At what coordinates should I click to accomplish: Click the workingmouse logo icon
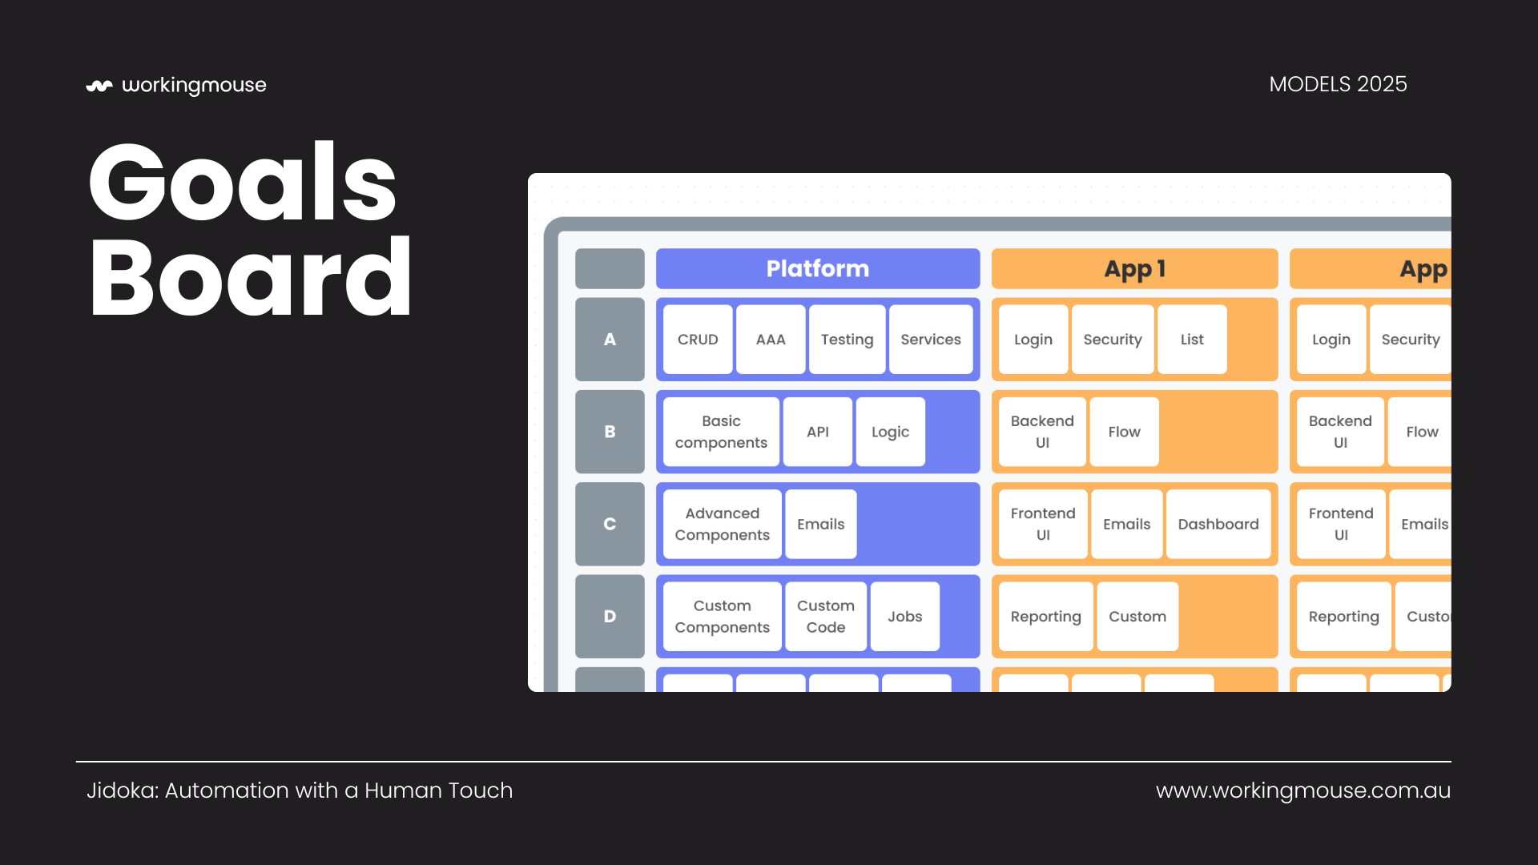[x=99, y=86]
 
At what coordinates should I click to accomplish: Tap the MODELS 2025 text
[x=1338, y=84]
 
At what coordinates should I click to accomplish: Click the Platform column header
[x=817, y=268]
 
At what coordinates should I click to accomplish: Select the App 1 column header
[x=1134, y=268]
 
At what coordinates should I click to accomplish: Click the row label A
[x=610, y=340]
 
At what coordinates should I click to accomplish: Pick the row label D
[x=610, y=617]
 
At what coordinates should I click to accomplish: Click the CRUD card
[x=698, y=340]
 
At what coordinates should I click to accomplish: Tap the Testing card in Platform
[x=847, y=340]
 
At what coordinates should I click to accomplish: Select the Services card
[x=930, y=340]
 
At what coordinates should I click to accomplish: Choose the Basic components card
[x=721, y=432]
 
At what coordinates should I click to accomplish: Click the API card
[x=817, y=432]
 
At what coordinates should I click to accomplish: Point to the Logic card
[x=890, y=432]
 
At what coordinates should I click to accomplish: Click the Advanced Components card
[x=722, y=524]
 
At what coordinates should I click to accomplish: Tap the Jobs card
[x=904, y=617]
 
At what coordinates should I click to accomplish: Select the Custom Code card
[x=825, y=617]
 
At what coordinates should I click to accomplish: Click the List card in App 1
[x=1192, y=340]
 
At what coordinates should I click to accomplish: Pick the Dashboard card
[x=1218, y=524]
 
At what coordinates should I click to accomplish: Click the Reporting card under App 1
[x=1045, y=617]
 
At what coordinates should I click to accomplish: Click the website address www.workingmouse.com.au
[x=1302, y=791]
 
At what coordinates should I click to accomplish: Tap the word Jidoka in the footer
[x=122, y=791]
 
